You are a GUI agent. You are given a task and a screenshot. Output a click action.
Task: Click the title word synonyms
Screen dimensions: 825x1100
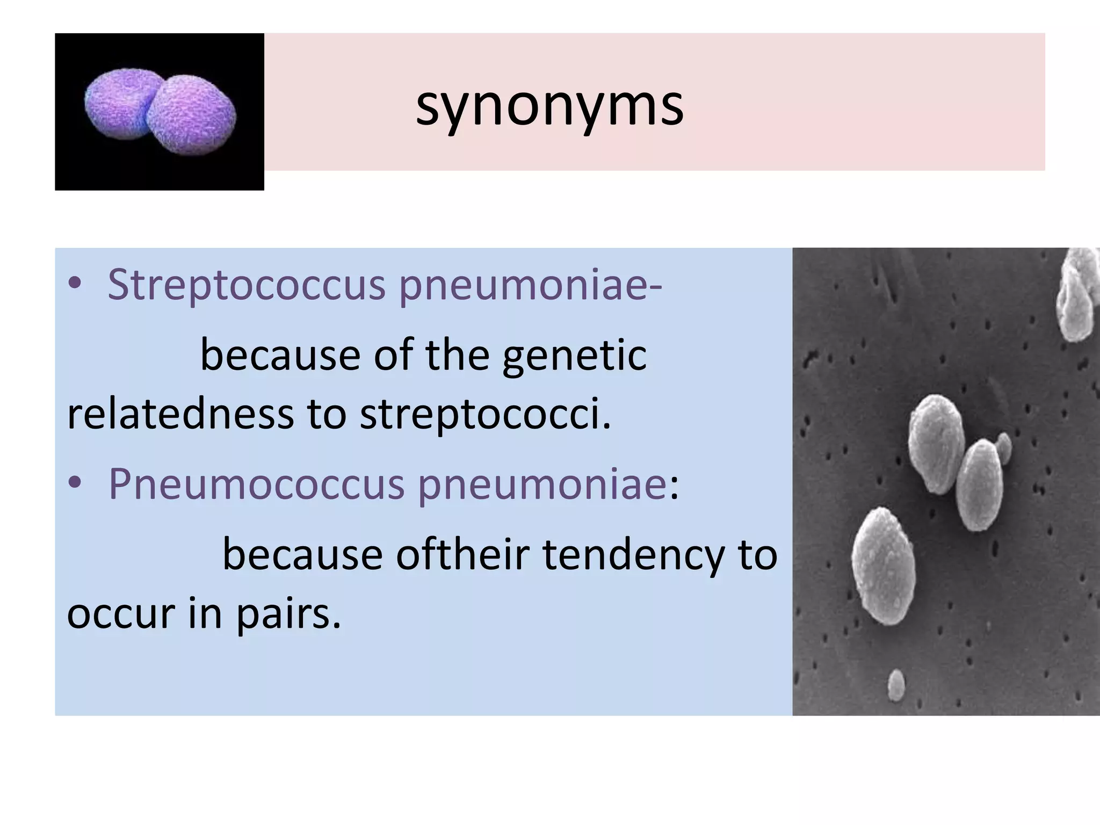pyautogui.click(x=549, y=106)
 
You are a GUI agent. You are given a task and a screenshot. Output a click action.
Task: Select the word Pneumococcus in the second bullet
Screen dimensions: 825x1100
pyautogui.click(x=256, y=483)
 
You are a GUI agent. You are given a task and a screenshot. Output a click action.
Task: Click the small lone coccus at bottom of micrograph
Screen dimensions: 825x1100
pyautogui.click(x=896, y=685)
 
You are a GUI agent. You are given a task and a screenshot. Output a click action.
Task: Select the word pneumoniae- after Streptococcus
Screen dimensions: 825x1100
pyautogui.click(x=530, y=284)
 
